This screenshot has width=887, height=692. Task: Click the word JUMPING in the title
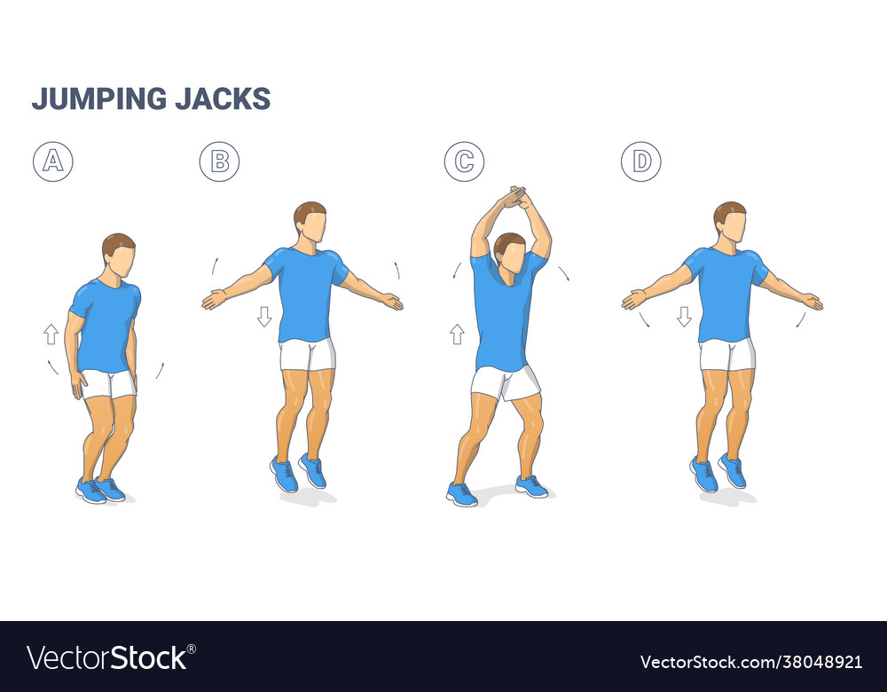click(x=98, y=98)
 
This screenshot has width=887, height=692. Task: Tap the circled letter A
click(x=53, y=161)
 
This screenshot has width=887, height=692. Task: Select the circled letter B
click(x=219, y=161)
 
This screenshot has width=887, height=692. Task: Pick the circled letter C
click(x=464, y=161)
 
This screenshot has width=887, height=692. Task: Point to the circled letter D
click(x=640, y=161)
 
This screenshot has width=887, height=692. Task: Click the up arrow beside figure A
click(x=51, y=334)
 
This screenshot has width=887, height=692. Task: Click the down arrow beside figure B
click(x=263, y=316)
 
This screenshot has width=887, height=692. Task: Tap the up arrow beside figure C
click(x=457, y=334)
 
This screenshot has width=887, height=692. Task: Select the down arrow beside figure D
click(x=684, y=316)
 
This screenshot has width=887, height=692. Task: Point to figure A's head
click(x=119, y=254)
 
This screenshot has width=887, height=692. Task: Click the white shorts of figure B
click(x=308, y=355)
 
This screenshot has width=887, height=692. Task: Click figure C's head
click(x=510, y=252)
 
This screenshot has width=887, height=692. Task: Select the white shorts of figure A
click(x=108, y=383)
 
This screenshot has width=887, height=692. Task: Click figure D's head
click(x=730, y=222)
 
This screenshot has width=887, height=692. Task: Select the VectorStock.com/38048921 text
click(x=750, y=661)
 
